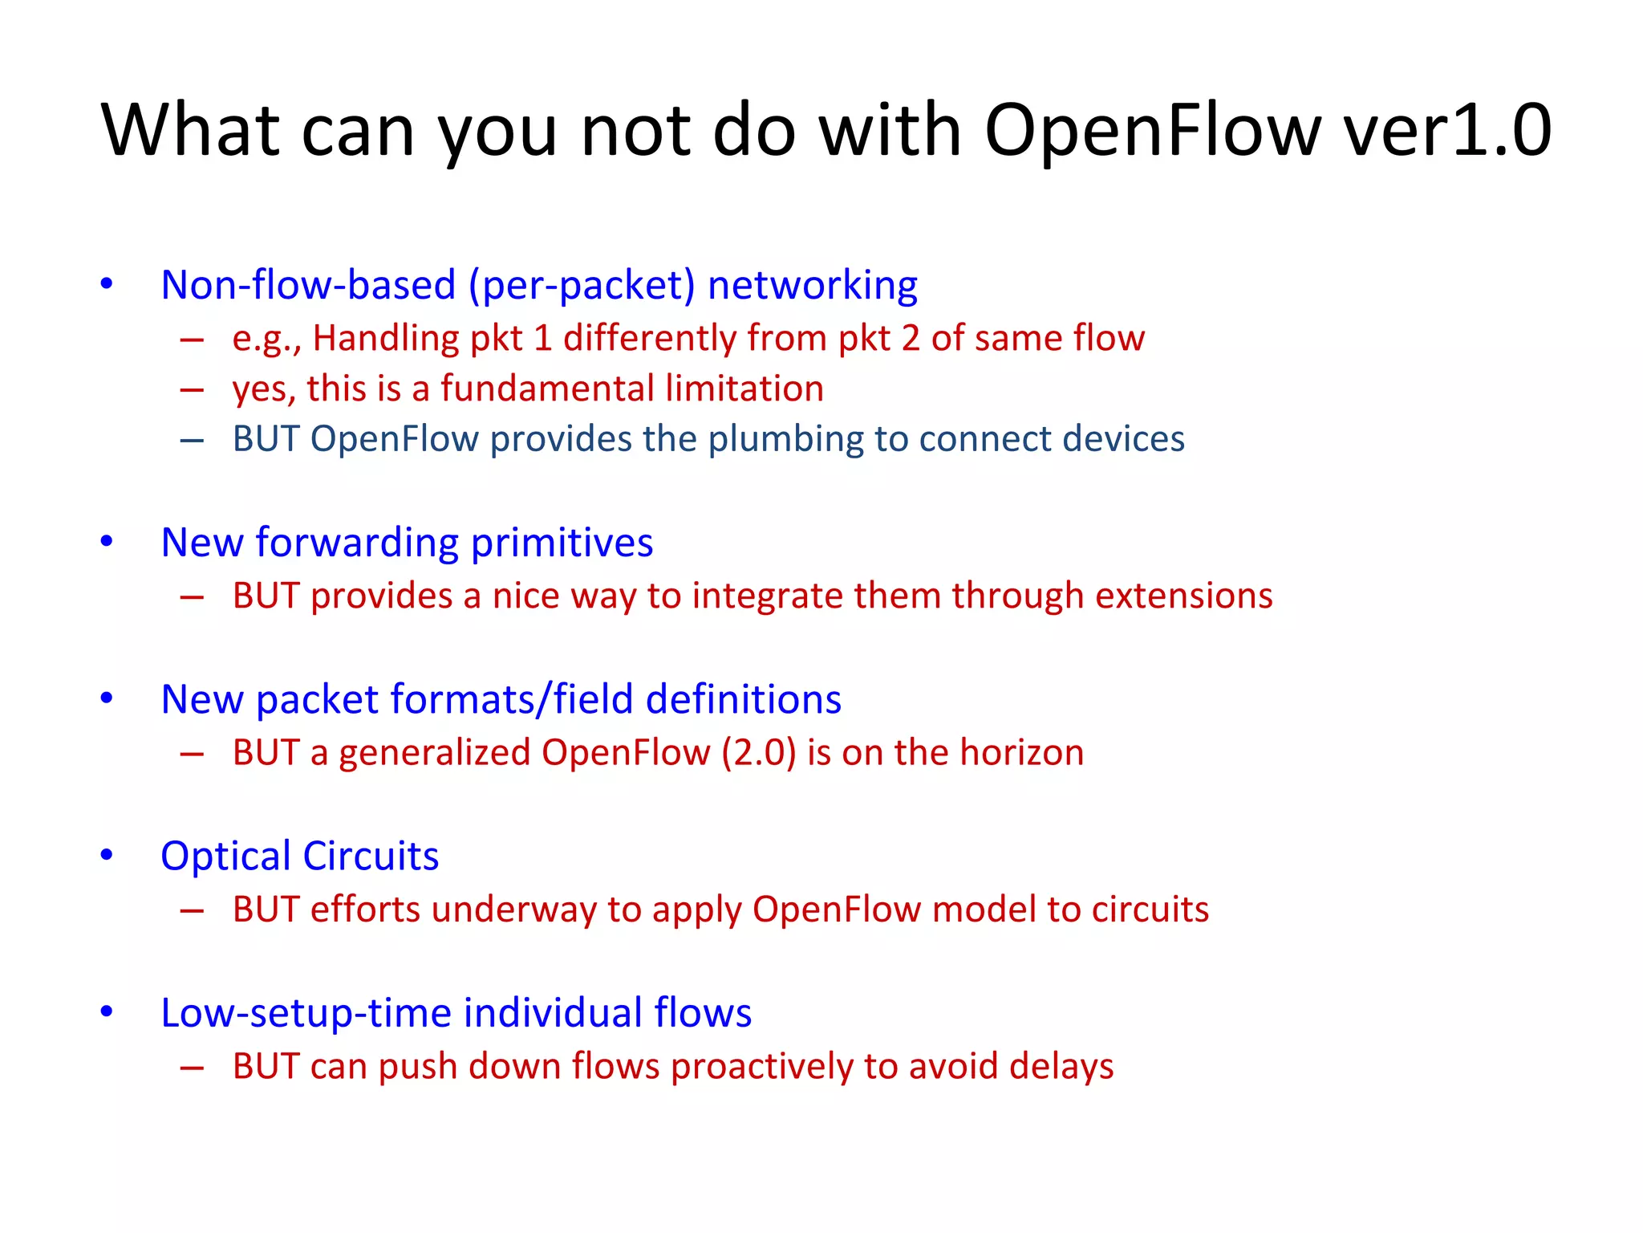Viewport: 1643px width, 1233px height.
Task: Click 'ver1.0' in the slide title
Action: (1447, 131)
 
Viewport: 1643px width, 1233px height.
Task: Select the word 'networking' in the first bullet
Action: (812, 286)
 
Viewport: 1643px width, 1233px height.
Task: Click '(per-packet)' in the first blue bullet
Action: (582, 286)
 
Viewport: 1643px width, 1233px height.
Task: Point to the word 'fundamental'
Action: (547, 389)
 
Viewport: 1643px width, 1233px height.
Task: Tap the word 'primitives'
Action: (562, 543)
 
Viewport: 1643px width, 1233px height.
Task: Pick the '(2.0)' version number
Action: (758, 753)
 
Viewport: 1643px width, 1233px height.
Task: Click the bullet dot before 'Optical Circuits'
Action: (107, 855)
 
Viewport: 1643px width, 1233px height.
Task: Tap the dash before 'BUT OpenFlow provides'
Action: (192, 441)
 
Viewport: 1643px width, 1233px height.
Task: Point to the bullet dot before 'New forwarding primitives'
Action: (107, 542)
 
